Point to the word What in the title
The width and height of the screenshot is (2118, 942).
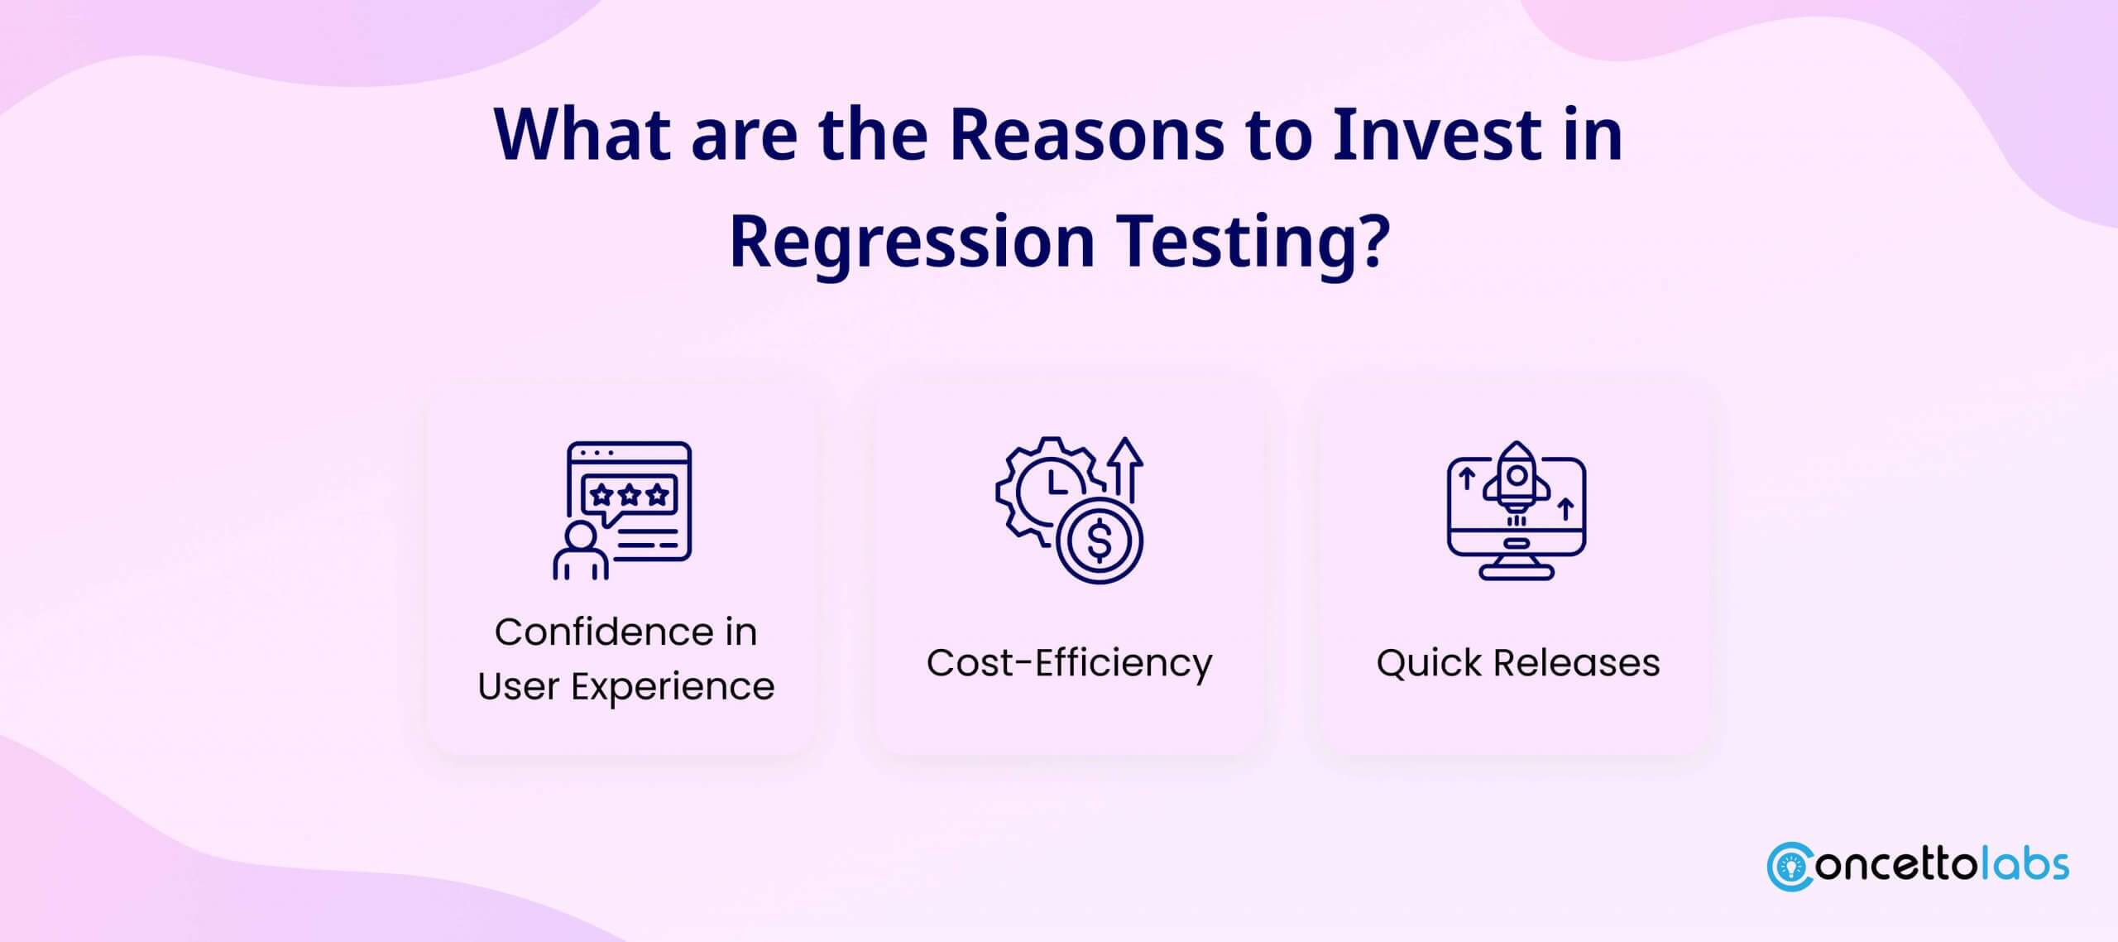(x=582, y=135)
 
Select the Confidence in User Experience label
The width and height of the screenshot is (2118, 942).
(x=625, y=659)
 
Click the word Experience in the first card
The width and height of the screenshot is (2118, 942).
(x=673, y=687)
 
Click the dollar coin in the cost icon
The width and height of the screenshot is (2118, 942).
(x=1099, y=542)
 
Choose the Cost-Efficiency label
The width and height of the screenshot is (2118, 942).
(x=1069, y=663)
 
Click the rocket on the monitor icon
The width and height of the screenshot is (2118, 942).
(x=1516, y=480)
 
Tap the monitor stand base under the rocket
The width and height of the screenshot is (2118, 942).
(x=1517, y=572)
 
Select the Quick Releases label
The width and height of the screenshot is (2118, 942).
(x=1518, y=663)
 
